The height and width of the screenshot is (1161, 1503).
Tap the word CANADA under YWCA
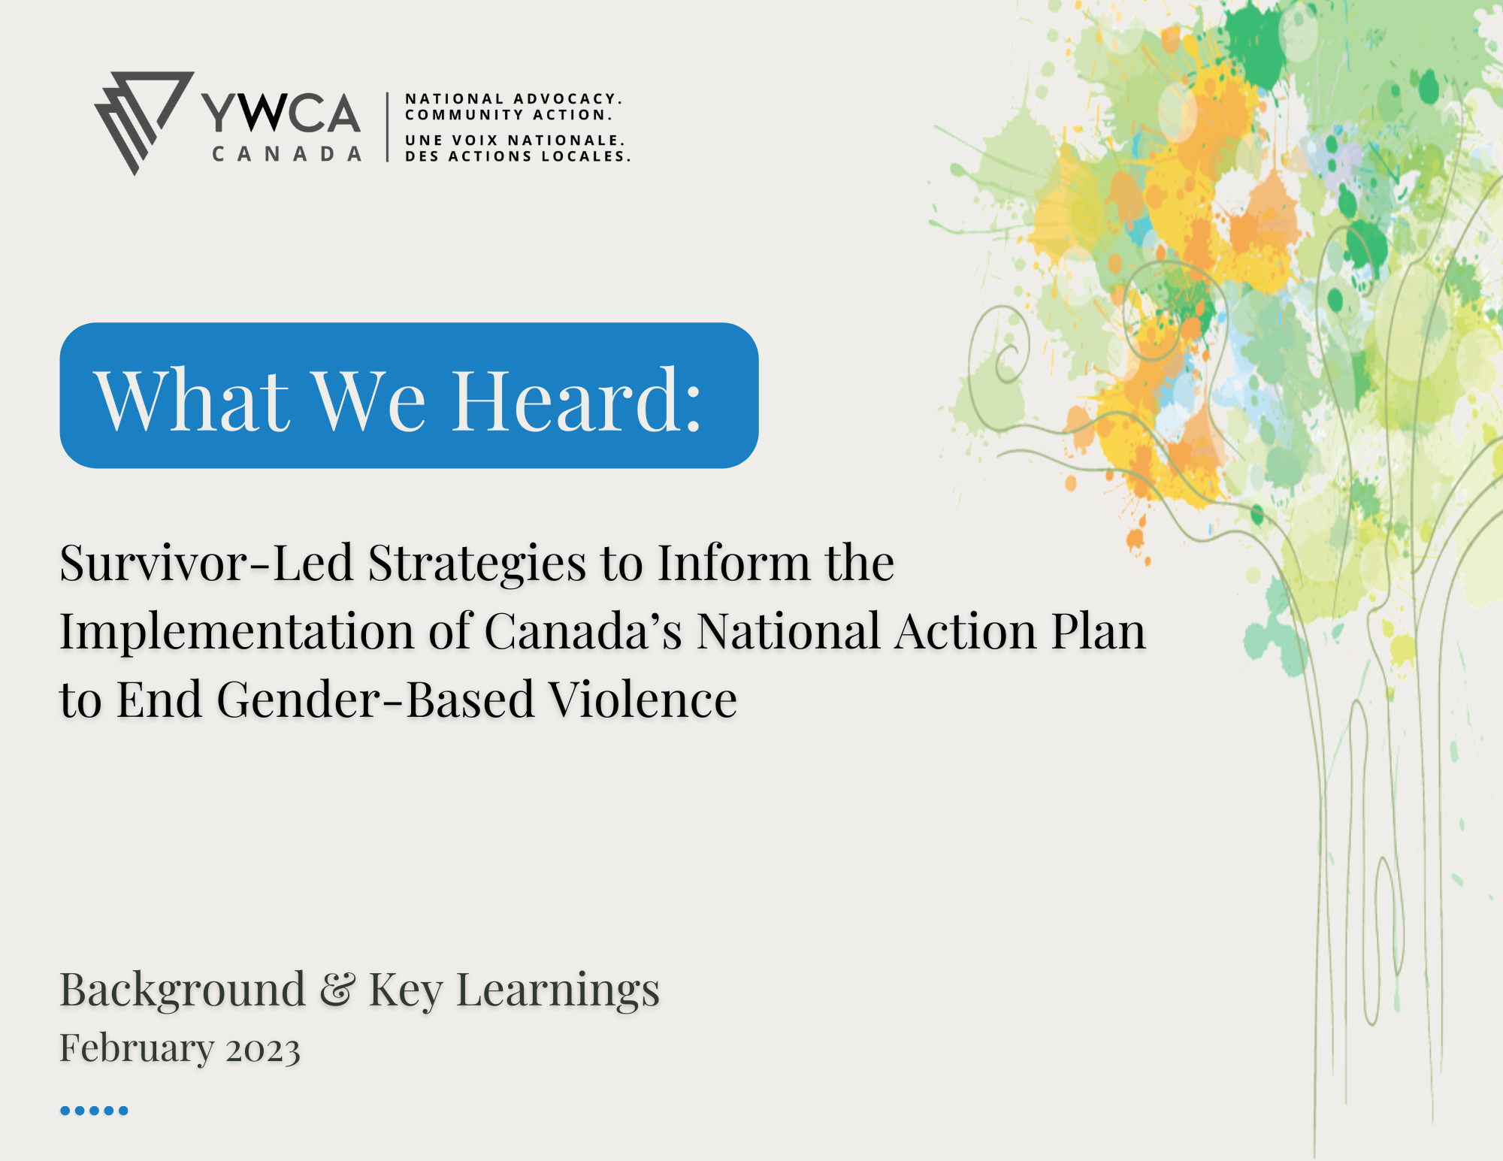pos(287,154)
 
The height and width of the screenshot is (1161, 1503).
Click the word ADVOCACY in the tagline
pos(568,98)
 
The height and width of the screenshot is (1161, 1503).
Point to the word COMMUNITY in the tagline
pos(464,115)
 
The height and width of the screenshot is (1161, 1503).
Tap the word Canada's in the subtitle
pos(584,630)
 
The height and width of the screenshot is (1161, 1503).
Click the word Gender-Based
pos(376,700)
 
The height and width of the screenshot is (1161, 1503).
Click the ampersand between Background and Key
pos(337,990)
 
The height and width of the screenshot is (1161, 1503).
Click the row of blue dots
pos(94,1111)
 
